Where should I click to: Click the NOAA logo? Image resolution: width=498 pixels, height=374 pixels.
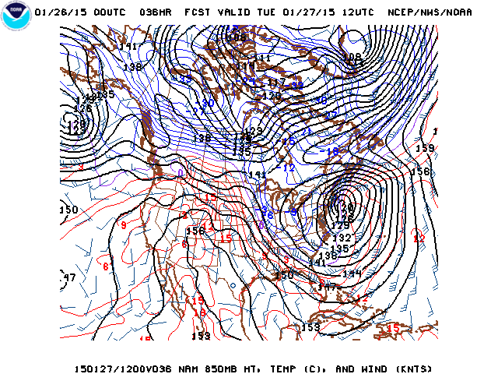15,16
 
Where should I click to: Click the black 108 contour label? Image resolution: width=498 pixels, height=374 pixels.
352,57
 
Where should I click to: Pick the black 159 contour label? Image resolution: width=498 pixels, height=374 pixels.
425,148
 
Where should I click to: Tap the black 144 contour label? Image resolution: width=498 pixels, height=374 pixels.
352,273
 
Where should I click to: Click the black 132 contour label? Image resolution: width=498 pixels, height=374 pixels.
342,238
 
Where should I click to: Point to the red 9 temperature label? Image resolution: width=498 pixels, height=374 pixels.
123,225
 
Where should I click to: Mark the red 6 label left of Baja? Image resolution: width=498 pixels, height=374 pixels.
105,266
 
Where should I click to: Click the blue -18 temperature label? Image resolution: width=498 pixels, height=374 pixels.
334,151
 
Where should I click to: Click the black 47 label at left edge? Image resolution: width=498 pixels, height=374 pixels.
69,277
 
